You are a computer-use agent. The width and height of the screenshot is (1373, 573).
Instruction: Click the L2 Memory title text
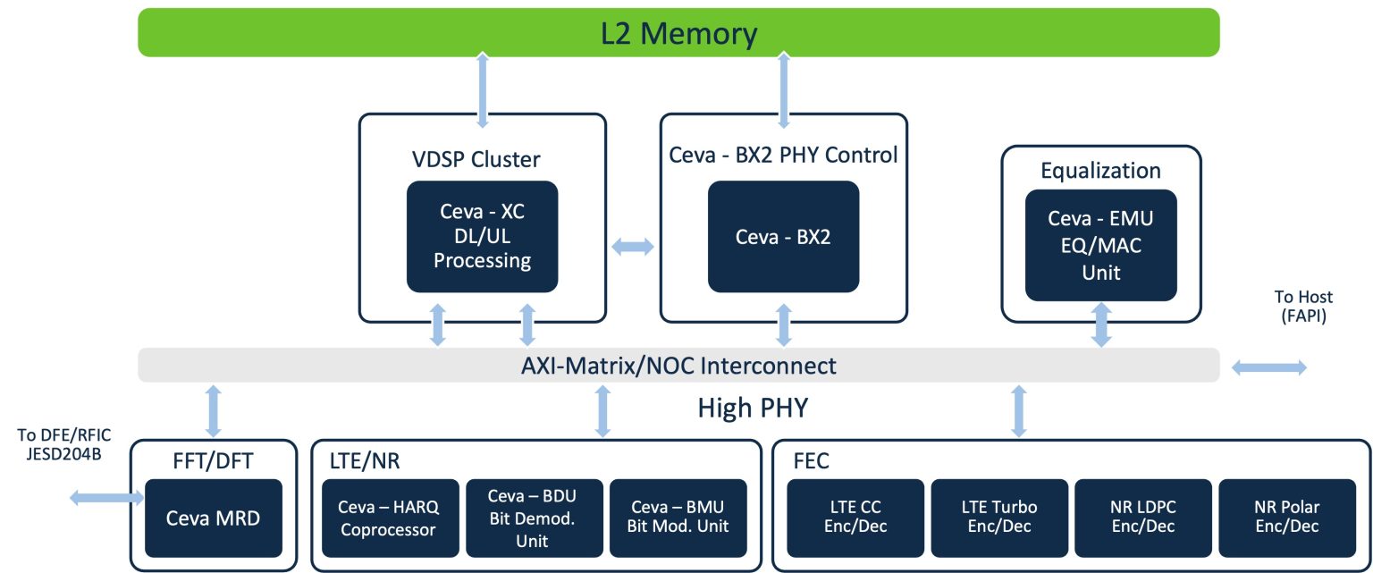(678, 33)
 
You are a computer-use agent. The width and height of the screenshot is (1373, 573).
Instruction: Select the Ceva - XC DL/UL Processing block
(482, 237)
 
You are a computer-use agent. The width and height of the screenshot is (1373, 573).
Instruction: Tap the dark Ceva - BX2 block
(783, 237)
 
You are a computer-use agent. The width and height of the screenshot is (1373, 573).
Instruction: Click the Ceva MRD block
(213, 518)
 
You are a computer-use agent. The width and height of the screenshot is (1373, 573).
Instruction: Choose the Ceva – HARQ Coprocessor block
(386, 518)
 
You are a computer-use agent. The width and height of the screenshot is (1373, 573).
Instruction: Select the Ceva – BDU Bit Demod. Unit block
(533, 518)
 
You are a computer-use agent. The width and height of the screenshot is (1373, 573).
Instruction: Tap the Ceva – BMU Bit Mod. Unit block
(678, 518)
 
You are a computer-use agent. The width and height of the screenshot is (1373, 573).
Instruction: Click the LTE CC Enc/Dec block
(855, 518)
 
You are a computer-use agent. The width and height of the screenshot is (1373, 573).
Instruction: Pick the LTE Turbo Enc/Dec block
(999, 518)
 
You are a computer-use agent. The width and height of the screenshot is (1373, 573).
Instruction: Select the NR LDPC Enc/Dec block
(1143, 518)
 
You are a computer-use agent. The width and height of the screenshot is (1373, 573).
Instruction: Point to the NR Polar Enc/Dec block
(1286, 518)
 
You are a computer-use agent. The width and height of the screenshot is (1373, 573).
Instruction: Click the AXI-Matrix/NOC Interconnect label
(679, 366)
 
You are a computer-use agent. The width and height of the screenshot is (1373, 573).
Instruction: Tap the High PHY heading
(752, 409)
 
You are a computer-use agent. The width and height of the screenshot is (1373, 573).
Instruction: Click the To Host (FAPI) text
(1302, 306)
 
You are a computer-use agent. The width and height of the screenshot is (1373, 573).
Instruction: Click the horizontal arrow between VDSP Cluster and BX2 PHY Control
(632, 248)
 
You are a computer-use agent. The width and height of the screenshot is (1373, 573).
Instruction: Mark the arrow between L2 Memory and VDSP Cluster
(484, 89)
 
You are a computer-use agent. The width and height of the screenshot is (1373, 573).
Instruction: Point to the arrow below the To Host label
(1269, 367)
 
